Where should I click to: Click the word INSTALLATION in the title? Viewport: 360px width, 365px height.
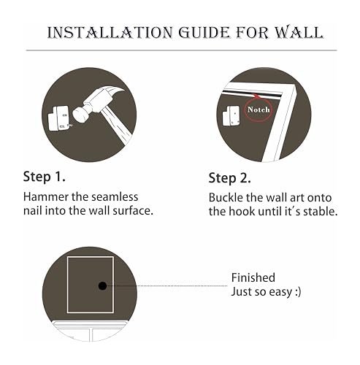click(x=110, y=32)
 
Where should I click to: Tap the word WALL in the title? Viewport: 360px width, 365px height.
click(x=299, y=32)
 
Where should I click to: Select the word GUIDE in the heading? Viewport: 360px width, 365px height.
click(x=204, y=32)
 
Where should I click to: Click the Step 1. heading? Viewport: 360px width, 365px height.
click(x=44, y=176)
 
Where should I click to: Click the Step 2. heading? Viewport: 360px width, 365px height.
click(x=229, y=178)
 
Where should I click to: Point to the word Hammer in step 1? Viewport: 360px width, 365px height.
click(x=46, y=196)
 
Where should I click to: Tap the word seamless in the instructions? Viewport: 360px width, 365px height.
click(x=115, y=196)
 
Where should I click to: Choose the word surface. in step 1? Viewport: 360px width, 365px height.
click(x=133, y=210)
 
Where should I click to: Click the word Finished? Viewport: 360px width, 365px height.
click(x=253, y=277)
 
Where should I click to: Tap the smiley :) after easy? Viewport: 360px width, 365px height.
click(x=298, y=291)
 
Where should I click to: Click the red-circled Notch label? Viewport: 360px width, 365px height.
click(x=258, y=109)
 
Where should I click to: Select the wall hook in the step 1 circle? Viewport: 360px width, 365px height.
click(x=58, y=118)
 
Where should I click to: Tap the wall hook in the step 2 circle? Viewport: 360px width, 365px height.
click(x=231, y=115)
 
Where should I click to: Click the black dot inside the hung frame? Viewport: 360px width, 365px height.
click(x=102, y=285)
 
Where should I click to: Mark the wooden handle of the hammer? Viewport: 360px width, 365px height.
click(x=117, y=126)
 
